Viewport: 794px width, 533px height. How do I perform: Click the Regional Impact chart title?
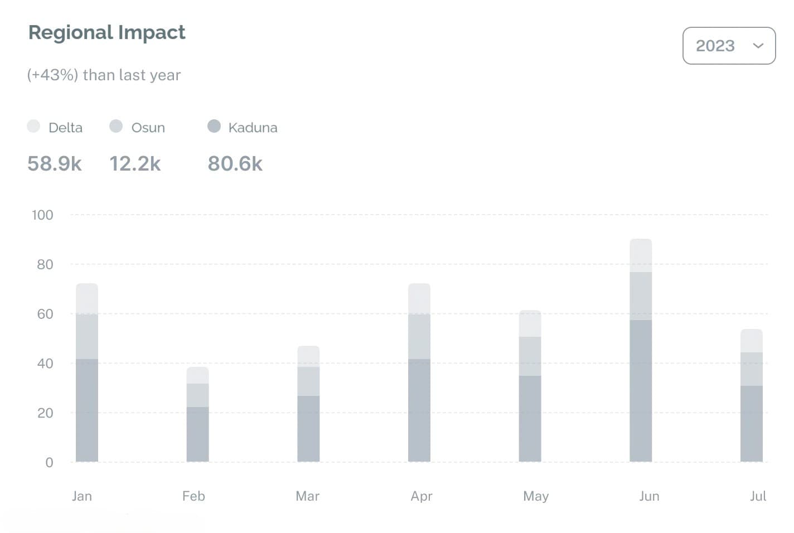[x=106, y=33]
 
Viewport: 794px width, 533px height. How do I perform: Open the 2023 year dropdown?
[x=729, y=46]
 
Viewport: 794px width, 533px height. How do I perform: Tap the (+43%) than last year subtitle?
[x=104, y=75]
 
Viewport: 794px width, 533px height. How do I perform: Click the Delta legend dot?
[x=33, y=127]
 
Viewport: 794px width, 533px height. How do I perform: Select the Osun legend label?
[x=148, y=128]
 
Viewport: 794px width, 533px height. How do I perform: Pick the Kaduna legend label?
[x=253, y=128]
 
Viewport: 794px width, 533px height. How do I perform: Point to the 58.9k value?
[x=55, y=164]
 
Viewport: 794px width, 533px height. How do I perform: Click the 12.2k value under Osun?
[x=135, y=164]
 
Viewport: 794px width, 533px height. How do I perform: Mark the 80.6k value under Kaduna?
[x=235, y=164]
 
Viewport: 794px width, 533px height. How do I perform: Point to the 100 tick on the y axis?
[x=42, y=215]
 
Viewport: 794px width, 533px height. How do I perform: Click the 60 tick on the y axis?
[x=45, y=314]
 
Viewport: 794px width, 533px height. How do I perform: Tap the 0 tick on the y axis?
[x=49, y=462]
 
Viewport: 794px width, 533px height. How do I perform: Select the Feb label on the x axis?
[x=193, y=496]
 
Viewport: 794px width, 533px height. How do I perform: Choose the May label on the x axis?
[x=536, y=496]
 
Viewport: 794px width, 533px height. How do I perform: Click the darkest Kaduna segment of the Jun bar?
[x=641, y=390]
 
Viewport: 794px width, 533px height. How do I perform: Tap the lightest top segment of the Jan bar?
[x=87, y=299]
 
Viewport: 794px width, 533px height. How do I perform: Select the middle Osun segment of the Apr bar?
[x=419, y=336]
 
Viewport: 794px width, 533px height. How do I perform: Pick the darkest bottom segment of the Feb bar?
[x=197, y=434]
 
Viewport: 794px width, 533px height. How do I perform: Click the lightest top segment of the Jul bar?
[x=752, y=341]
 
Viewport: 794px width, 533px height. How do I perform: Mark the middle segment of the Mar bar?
[x=308, y=381]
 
